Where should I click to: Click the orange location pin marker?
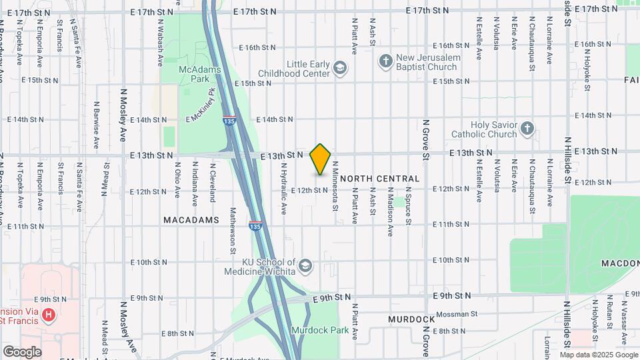(321, 158)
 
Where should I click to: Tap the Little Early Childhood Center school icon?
(341, 68)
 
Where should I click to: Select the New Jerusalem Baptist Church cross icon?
(385, 63)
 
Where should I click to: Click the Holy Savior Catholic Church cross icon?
(527, 129)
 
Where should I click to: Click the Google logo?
(21, 352)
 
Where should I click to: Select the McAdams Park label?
(195, 74)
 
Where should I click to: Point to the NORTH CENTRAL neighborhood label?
(380, 179)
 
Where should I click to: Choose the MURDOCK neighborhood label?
(411, 319)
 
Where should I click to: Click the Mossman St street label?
(457, 313)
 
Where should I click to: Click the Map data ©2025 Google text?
(598, 354)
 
